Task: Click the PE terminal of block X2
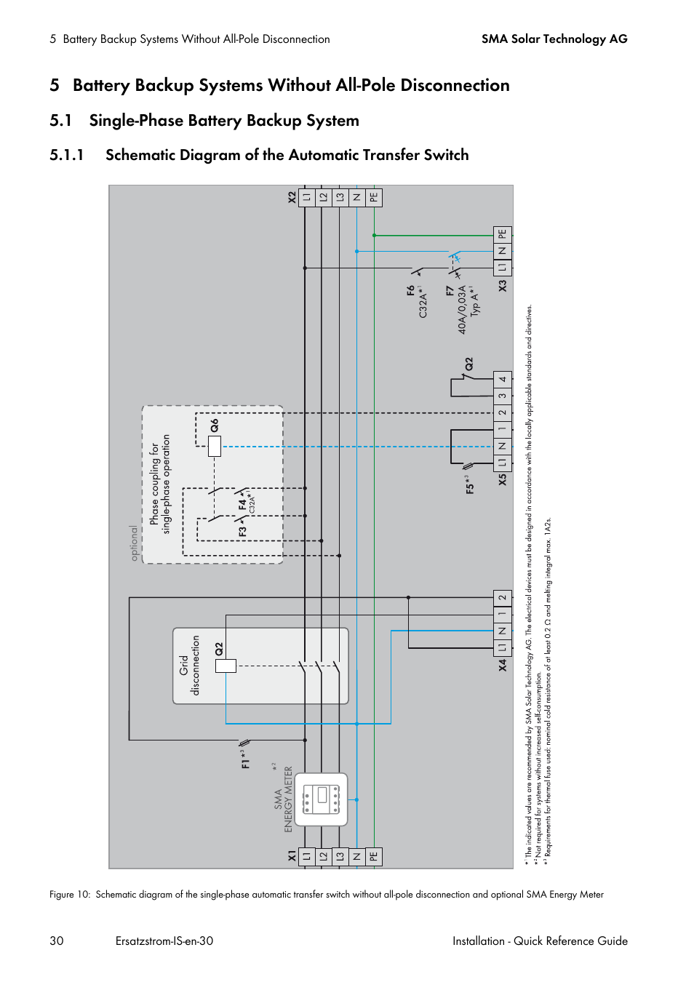pos(373,197)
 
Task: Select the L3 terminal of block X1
pos(340,856)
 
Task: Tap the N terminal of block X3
pos(503,251)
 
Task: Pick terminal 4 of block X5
pos(503,379)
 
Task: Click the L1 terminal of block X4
pos(503,647)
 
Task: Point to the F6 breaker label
pos(411,290)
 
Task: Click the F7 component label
pos(450,291)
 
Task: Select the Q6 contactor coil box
pos(215,446)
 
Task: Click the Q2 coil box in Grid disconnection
pos(226,665)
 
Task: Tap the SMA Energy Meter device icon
pos(321,799)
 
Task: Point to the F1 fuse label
pos(245,759)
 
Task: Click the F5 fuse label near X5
pos(470,485)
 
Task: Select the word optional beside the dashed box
pos(134,543)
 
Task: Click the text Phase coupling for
pos(154,484)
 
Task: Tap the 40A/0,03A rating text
pos(462,310)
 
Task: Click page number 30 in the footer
pos(57,941)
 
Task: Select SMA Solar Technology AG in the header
pos(554,39)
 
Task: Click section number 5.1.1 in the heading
pos(67,155)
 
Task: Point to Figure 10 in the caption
pos(69,895)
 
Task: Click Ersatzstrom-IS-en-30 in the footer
pos(164,941)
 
